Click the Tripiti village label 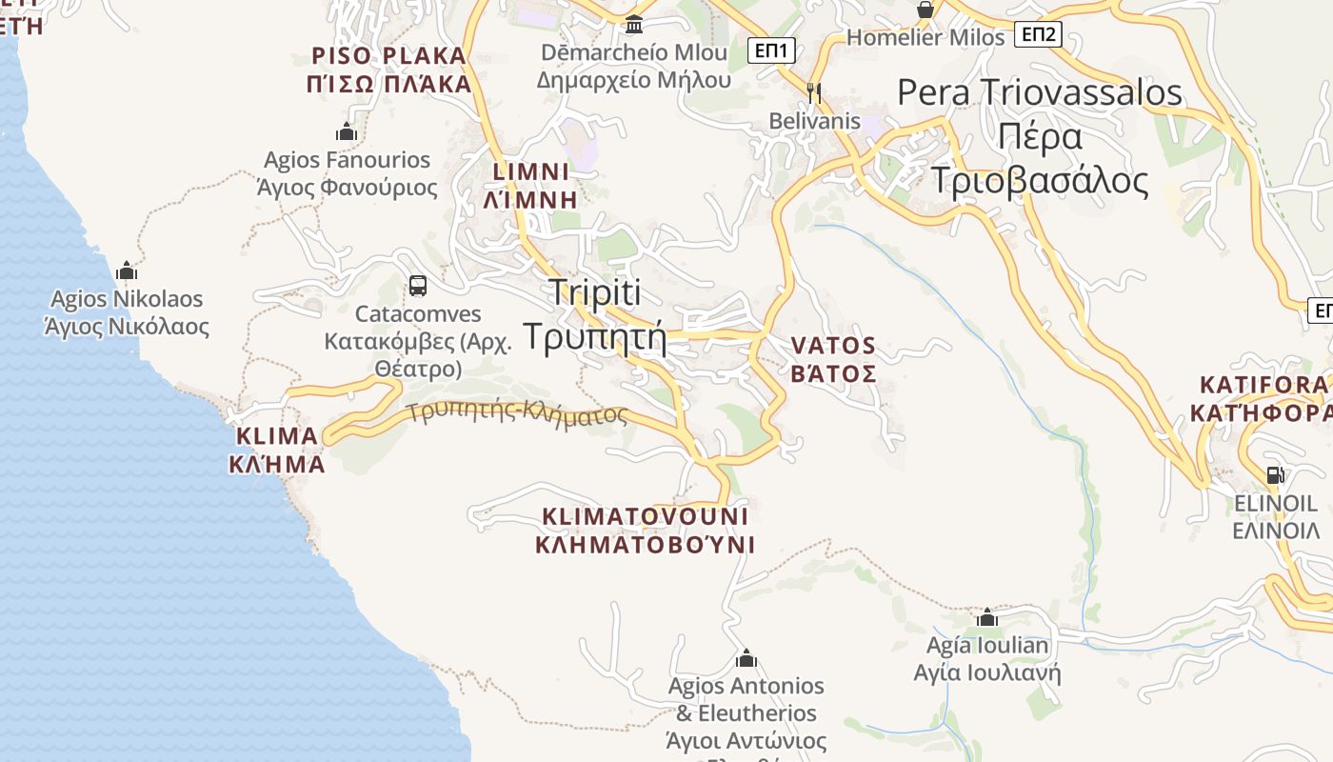coord(595,314)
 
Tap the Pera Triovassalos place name coord(1040,136)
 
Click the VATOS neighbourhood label coord(833,359)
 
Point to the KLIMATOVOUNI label coord(645,531)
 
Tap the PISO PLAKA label coord(389,70)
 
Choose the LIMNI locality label coord(531,186)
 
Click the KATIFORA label coord(1263,398)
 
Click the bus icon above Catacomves coord(417,285)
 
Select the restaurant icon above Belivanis coord(814,92)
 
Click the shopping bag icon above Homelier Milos coord(925,10)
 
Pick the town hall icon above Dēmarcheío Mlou coord(633,24)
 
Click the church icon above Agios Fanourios coord(347,131)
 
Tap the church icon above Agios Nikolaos coord(127,271)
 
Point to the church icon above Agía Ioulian coord(987,617)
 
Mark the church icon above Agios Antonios coord(746,657)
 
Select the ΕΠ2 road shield coord(1038,35)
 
